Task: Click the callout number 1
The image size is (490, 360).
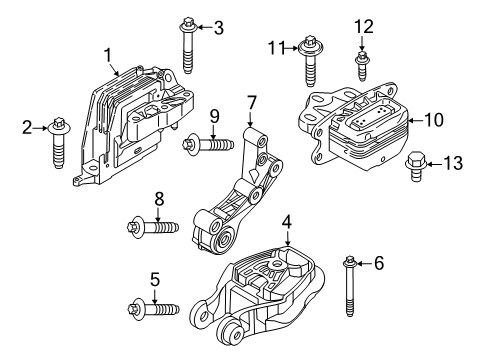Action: coord(108,55)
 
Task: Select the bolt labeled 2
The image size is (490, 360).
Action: coord(59,143)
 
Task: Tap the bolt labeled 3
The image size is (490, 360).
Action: coord(188,45)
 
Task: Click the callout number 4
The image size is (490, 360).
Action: coord(287,222)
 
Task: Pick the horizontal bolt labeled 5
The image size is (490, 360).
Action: coord(154,308)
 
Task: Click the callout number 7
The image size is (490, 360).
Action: coord(252,103)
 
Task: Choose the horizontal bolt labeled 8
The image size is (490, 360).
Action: coord(153,227)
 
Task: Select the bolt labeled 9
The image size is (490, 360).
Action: coord(208,145)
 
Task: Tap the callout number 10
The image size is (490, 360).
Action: coord(434,120)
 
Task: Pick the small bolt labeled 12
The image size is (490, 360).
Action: coord(362,66)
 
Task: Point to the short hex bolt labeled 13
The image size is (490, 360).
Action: coord(415,166)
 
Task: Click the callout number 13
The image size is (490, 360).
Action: coord(453,163)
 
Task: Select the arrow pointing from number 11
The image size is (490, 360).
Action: coord(292,48)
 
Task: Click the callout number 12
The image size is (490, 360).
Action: coord(364,27)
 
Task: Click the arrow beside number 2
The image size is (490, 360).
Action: coord(41,128)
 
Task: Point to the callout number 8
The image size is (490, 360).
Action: coord(159,199)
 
